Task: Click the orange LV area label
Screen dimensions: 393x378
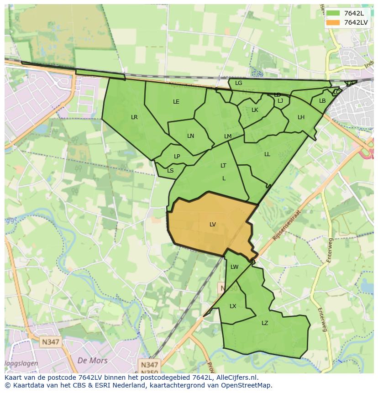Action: [213, 224]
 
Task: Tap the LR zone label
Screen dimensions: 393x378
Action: [134, 117]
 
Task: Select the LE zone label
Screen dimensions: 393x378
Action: [176, 102]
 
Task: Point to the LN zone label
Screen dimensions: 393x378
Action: [191, 136]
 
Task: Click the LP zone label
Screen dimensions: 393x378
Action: [177, 157]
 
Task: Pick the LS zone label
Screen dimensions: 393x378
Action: [170, 171]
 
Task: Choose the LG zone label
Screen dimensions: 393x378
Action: [239, 83]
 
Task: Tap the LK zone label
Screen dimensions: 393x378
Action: [255, 110]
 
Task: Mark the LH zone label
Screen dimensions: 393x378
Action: [301, 117]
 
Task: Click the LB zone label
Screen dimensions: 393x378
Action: [322, 101]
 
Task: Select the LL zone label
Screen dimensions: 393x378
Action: [267, 154]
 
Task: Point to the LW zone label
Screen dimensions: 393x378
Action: [235, 267]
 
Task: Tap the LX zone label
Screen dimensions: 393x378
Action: [233, 306]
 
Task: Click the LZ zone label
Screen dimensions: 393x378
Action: [265, 323]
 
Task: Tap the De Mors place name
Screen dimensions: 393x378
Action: [93, 361]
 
